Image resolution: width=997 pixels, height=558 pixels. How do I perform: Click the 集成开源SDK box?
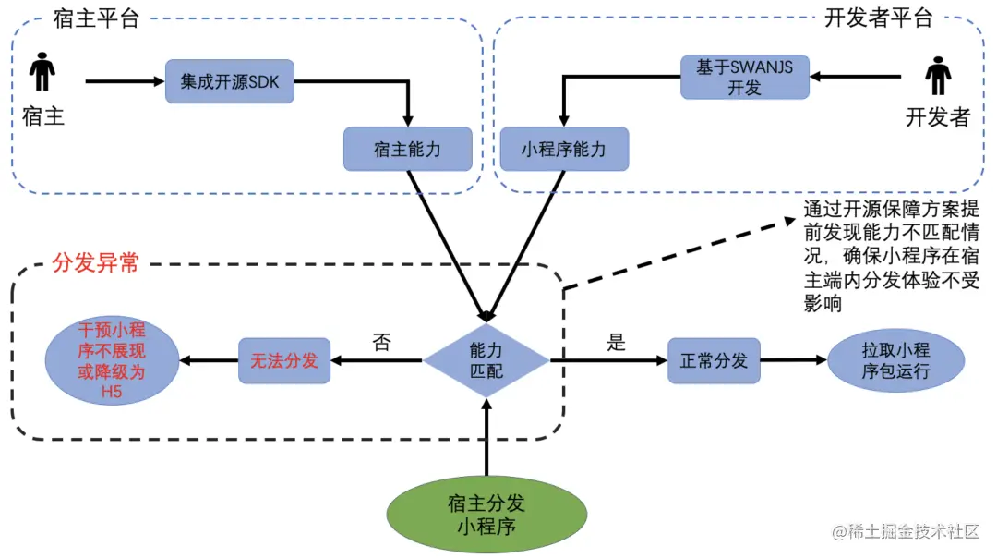point(230,81)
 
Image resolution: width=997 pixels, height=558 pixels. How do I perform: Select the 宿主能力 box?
point(407,149)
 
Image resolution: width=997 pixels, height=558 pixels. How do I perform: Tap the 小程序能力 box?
point(563,149)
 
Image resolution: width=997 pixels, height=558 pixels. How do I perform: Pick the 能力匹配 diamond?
point(486,360)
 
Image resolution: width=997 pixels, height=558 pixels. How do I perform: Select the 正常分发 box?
point(714,360)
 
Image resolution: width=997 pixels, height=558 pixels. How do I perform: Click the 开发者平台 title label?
point(877,18)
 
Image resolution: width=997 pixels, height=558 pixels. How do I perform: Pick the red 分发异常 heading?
point(96,262)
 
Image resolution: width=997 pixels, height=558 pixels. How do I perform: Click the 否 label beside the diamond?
point(381,343)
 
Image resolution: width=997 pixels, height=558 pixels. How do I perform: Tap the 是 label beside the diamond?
point(616,343)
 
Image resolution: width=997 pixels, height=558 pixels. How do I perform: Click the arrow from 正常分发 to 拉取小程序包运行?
point(794,360)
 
